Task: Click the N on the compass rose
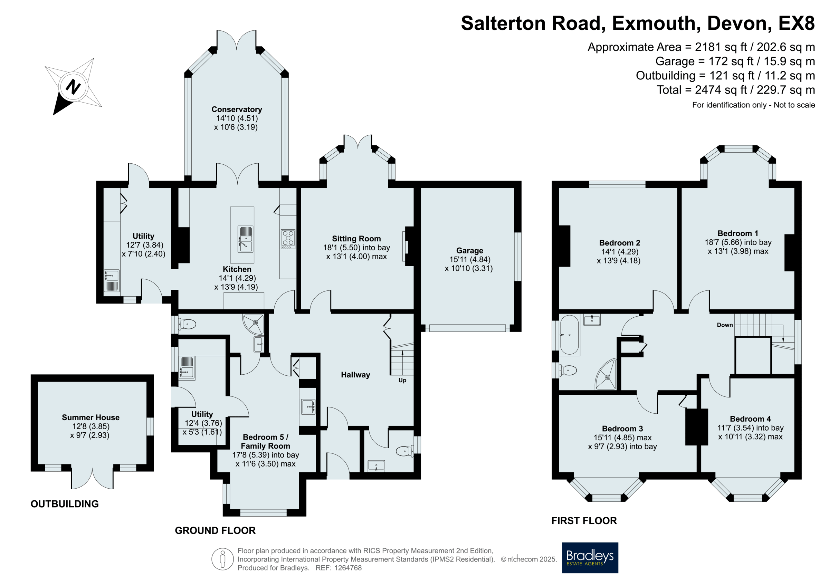(x=73, y=87)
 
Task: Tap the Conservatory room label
(x=237, y=109)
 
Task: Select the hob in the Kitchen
(x=288, y=239)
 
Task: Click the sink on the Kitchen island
(x=246, y=239)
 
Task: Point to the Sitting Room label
(x=356, y=239)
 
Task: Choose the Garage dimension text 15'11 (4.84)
(x=470, y=259)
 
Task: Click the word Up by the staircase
(x=402, y=380)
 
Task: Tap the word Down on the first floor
(x=725, y=325)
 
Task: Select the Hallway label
(x=355, y=375)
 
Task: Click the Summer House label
(x=90, y=417)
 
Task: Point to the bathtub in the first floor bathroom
(x=569, y=335)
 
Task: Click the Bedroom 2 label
(x=620, y=243)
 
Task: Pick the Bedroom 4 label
(x=750, y=419)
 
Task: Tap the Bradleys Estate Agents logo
(x=590, y=557)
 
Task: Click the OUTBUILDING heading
(x=65, y=504)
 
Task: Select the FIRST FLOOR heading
(x=584, y=521)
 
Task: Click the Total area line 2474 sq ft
(x=736, y=90)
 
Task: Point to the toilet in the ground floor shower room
(x=187, y=324)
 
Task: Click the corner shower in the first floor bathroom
(x=606, y=374)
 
